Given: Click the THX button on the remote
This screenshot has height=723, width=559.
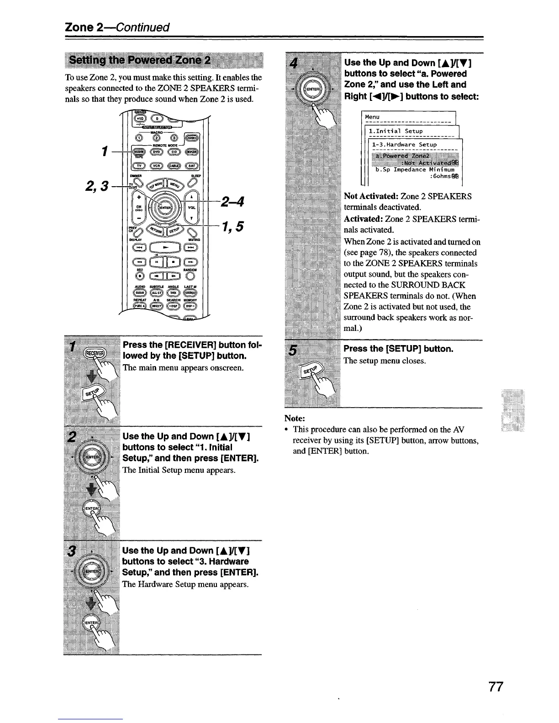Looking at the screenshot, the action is tap(174, 293).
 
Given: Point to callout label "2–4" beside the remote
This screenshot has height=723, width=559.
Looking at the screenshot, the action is tap(233, 201).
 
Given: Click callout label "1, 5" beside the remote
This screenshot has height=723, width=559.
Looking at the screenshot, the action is tap(233, 226).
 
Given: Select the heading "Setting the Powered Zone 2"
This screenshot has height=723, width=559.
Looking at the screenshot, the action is tap(140, 61).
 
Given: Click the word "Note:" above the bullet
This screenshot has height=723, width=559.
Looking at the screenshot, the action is tap(295, 418).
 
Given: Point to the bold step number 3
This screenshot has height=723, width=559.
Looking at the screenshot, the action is tap(71, 551).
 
